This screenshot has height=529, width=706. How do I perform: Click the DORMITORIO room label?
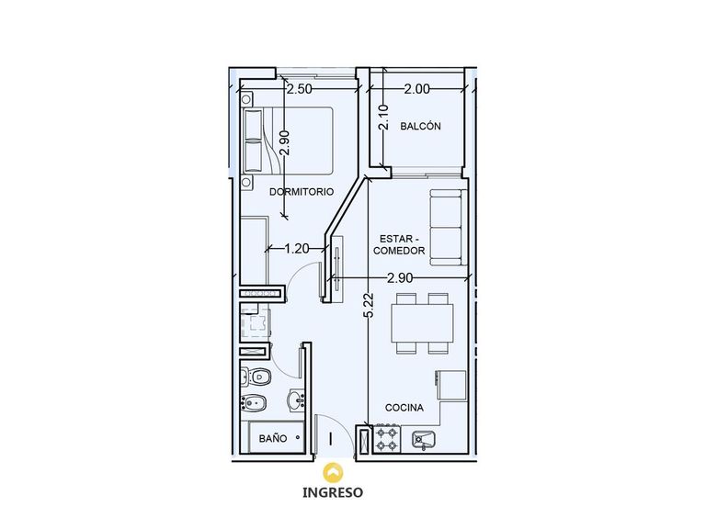[302, 192]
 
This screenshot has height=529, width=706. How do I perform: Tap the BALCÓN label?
[420, 126]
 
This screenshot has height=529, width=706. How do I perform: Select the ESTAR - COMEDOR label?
[399, 244]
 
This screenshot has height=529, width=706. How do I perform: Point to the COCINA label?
[404, 408]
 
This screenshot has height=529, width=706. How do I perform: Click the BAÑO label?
[273, 438]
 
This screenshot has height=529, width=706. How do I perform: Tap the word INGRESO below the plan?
[333, 492]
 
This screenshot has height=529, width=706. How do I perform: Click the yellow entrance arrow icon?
[333, 472]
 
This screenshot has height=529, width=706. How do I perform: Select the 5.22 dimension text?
[370, 306]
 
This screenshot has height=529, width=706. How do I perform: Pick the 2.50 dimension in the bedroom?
[300, 89]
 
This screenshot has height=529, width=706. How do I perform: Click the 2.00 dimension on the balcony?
[416, 89]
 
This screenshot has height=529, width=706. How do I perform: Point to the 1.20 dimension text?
[297, 248]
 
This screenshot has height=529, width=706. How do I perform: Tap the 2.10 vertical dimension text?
[383, 117]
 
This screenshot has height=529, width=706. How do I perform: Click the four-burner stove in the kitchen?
[388, 439]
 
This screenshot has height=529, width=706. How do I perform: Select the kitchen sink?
[423, 440]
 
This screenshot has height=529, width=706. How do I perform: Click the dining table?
[422, 323]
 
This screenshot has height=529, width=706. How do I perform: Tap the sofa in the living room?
[448, 228]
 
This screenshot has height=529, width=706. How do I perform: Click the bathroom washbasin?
[296, 400]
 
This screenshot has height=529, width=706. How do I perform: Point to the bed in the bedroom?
[287, 141]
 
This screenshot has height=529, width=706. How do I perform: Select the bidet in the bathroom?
[254, 403]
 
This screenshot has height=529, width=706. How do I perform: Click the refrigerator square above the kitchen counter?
[450, 386]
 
